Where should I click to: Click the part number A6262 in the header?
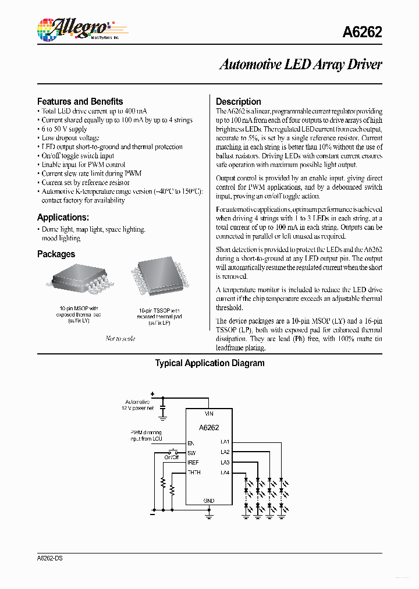coord(363,33)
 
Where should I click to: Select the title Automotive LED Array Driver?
coord(300,65)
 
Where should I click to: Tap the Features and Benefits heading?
coord(80,101)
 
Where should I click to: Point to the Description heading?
coord(238,101)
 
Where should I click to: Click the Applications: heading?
coord(63,217)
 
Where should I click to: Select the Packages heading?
coord(56,254)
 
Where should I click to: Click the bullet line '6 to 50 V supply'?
coord(64,129)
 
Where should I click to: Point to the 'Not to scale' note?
coord(120,338)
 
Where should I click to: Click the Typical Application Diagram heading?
coord(210,363)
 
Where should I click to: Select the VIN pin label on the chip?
coord(209,413)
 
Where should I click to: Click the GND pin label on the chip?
coord(209,501)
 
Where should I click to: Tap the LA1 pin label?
coord(225,442)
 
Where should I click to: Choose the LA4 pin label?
coord(225,472)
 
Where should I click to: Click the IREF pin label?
coord(193,462)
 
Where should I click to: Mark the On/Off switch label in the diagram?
coord(171,457)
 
